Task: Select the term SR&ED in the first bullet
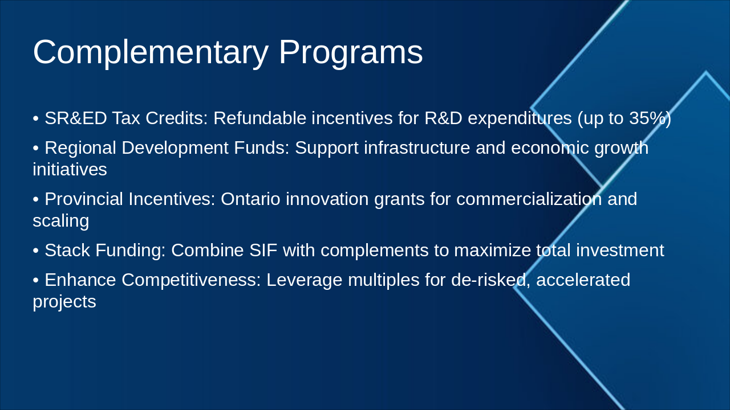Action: coord(76,118)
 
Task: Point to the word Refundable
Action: coord(259,118)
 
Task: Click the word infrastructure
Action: coord(417,147)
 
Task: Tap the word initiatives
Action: coord(70,169)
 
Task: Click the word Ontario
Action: coord(250,199)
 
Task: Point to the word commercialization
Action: coord(529,199)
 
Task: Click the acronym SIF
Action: coord(263,250)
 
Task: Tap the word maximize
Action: coord(492,250)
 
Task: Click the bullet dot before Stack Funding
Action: coord(36,251)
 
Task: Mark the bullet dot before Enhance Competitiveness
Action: coord(36,281)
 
